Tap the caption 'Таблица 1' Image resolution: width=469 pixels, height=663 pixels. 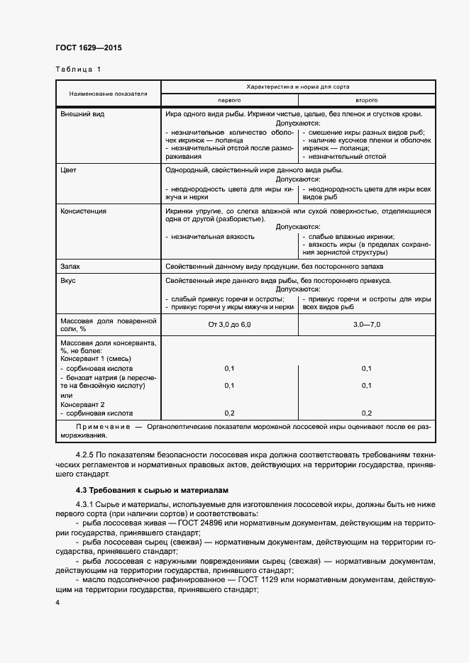[x=78, y=69]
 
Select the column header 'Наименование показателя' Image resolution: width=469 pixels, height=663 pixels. [x=108, y=94]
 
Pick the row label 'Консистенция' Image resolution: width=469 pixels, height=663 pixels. [x=84, y=211]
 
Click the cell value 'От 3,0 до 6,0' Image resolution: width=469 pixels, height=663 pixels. [x=229, y=324]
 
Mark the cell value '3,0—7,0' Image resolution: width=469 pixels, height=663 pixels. [x=366, y=324]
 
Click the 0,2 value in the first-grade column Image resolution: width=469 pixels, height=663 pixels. [x=229, y=413]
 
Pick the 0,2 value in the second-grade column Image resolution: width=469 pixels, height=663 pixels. [x=366, y=413]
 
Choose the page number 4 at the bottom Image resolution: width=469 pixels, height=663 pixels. [x=57, y=602]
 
